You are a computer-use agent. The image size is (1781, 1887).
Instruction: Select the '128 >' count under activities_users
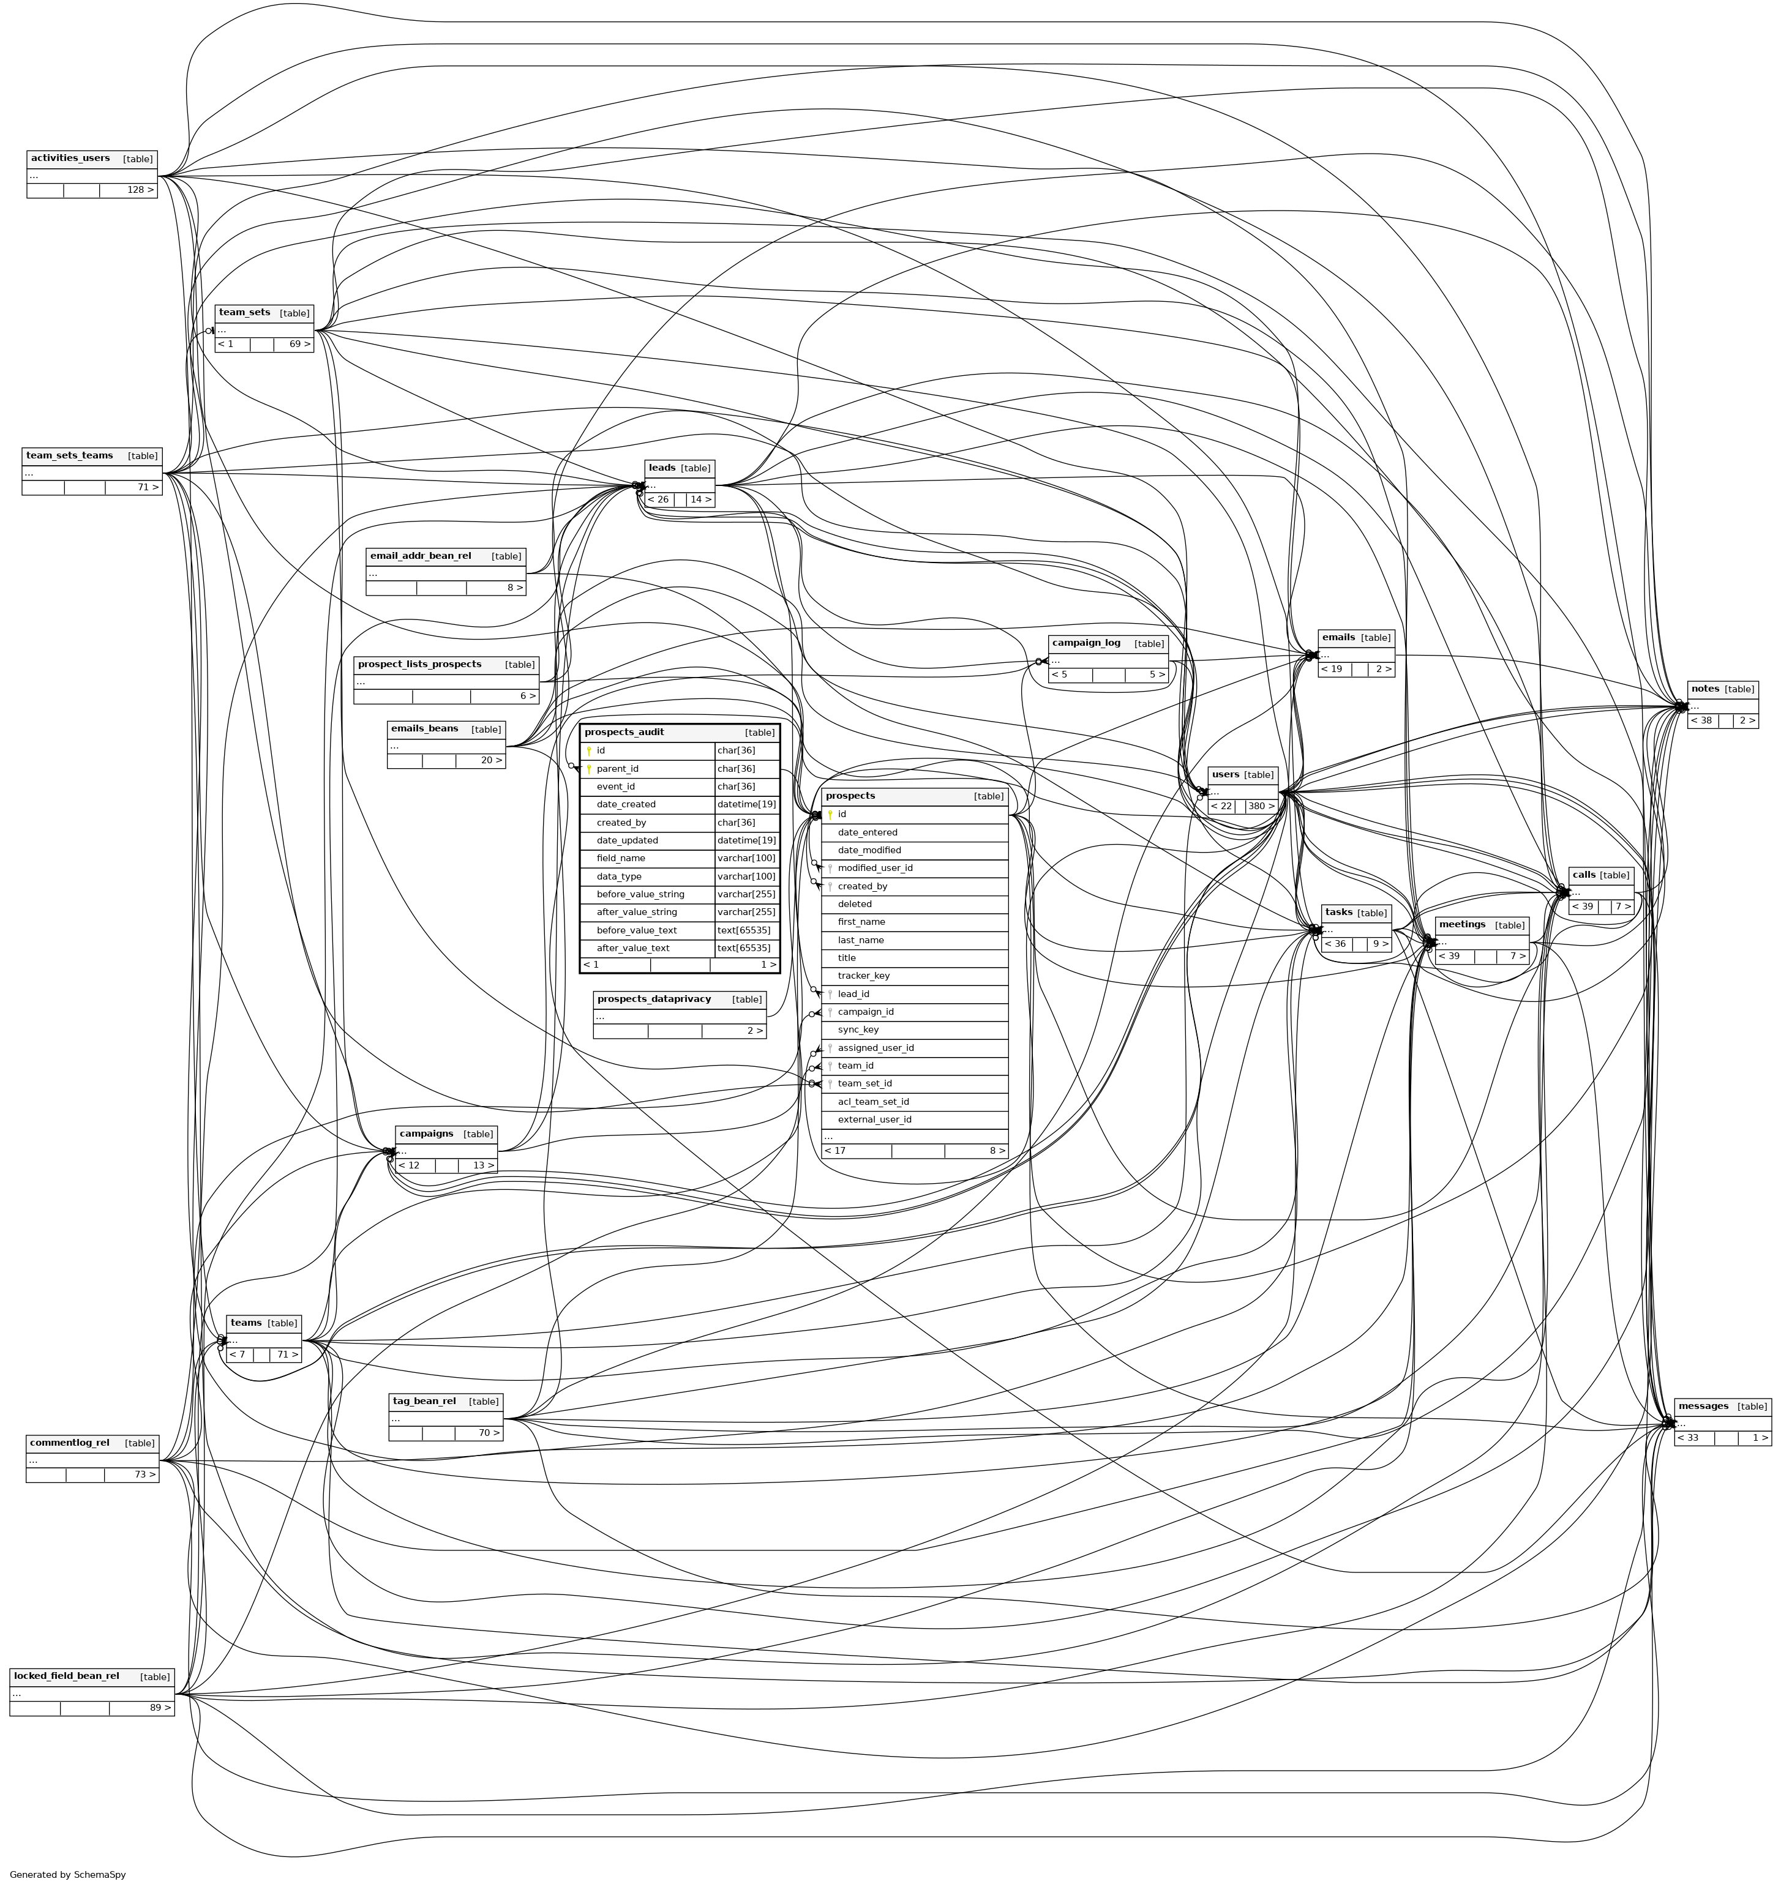click(x=140, y=190)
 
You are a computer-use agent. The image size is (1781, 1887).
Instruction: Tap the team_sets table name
click(x=244, y=312)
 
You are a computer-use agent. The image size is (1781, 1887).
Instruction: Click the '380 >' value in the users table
click(x=1261, y=806)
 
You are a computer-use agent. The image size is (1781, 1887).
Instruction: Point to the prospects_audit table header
click(x=624, y=732)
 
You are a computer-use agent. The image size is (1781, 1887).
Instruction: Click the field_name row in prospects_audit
click(x=621, y=858)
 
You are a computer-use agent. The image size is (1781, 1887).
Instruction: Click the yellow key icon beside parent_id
click(x=588, y=769)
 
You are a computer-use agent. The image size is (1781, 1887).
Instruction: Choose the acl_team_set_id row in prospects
click(x=872, y=1102)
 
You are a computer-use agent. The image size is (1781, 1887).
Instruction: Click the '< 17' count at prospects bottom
click(x=836, y=1151)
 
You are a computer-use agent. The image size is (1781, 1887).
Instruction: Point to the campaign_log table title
click(x=1085, y=643)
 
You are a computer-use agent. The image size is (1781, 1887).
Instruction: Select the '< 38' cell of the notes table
click(x=1701, y=720)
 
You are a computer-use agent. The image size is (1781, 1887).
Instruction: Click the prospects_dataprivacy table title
click(x=653, y=998)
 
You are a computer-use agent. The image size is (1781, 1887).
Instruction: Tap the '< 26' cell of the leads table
click(x=658, y=499)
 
